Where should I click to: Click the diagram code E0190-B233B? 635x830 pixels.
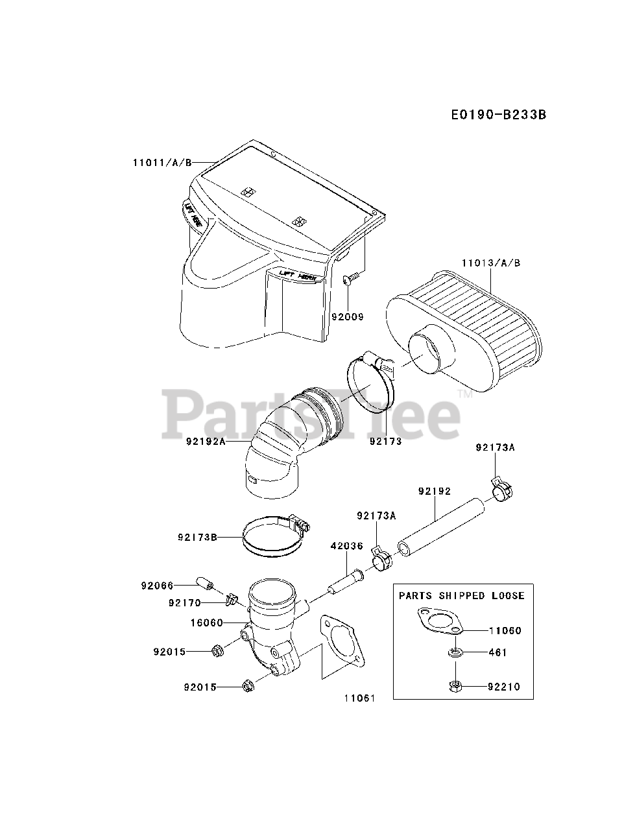[x=498, y=115]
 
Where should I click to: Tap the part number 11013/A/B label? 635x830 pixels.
[x=490, y=263]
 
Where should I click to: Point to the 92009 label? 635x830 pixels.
[x=348, y=317]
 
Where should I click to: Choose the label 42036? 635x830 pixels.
[x=347, y=546]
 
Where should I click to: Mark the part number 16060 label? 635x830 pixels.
[x=206, y=622]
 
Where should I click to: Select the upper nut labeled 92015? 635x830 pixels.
[x=218, y=650]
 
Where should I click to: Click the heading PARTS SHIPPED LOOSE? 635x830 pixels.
[x=461, y=595]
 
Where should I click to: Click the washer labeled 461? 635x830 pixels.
[x=455, y=652]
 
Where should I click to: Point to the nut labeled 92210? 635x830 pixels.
[x=454, y=685]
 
